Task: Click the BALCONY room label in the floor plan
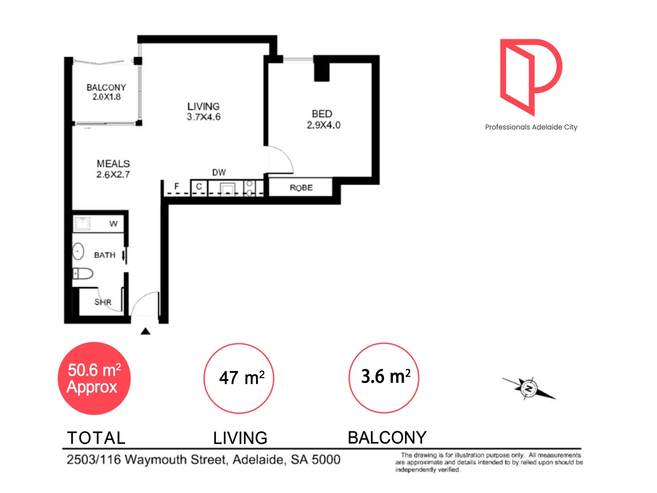(x=106, y=87)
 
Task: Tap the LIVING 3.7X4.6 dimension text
(x=203, y=117)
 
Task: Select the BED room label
(x=322, y=114)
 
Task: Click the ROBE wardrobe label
(x=301, y=188)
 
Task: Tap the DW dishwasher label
(x=219, y=172)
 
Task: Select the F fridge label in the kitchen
(x=177, y=186)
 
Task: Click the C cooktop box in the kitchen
(x=199, y=187)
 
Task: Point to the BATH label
(x=104, y=255)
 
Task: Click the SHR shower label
(x=103, y=302)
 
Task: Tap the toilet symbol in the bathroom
(x=83, y=273)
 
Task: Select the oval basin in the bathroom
(x=78, y=251)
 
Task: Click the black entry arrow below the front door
(x=146, y=331)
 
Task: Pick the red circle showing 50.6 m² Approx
(x=94, y=378)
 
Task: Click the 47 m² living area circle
(x=239, y=378)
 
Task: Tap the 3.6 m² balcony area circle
(x=384, y=378)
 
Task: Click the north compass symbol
(x=529, y=388)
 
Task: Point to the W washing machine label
(x=113, y=224)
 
